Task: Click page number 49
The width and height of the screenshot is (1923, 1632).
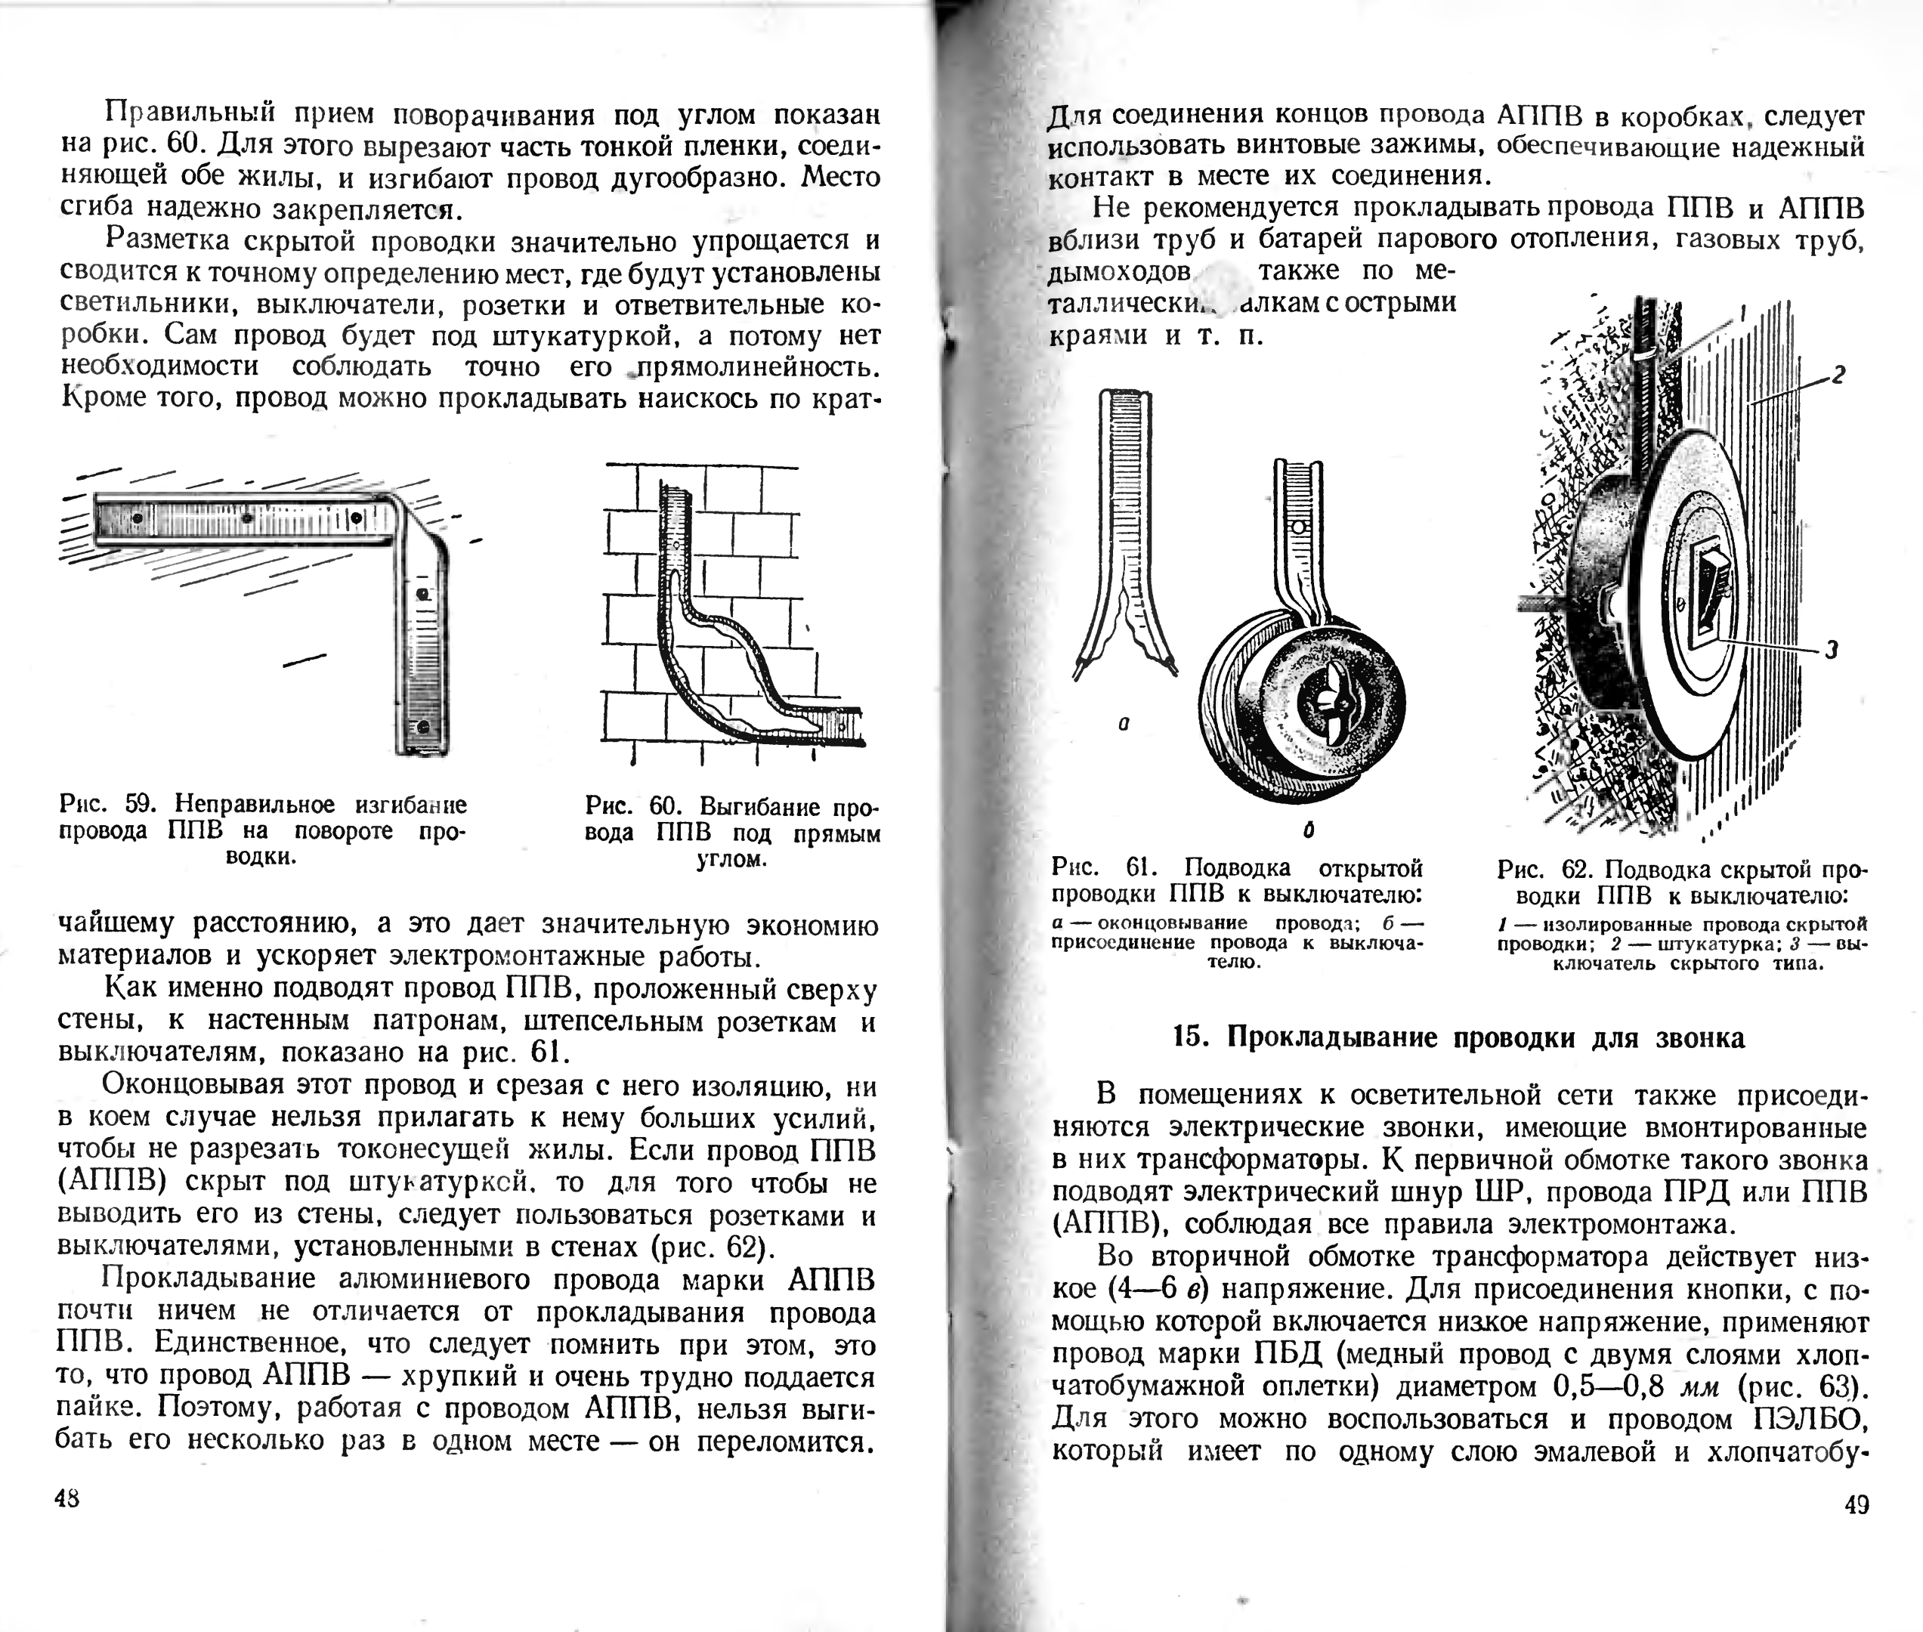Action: click(x=1856, y=1505)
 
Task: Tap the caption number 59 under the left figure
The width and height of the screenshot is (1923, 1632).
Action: click(x=143, y=804)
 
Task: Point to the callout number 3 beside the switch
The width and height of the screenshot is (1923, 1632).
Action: click(x=1832, y=651)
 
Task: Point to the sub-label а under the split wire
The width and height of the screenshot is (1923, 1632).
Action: click(x=1123, y=725)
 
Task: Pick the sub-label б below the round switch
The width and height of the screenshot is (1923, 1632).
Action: click(x=1308, y=831)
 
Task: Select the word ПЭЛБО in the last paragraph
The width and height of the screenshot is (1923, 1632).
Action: click(x=1809, y=1418)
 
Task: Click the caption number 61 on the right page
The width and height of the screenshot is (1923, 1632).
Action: click(x=1142, y=868)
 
